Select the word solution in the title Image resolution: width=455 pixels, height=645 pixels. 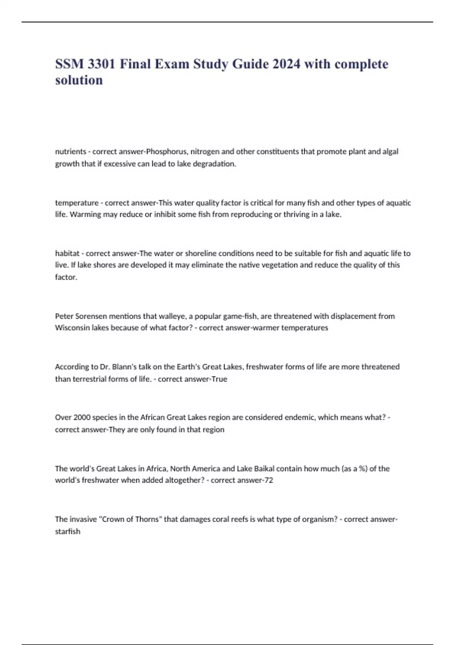pyautogui.click(x=79, y=80)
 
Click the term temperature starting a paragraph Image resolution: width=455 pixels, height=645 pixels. pyautogui.click(x=77, y=203)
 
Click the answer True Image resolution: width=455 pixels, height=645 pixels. pyautogui.click(x=220, y=379)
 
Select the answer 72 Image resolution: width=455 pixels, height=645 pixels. pyautogui.click(x=269, y=480)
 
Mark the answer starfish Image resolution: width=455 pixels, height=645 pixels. pyautogui.click(x=67, y=532)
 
